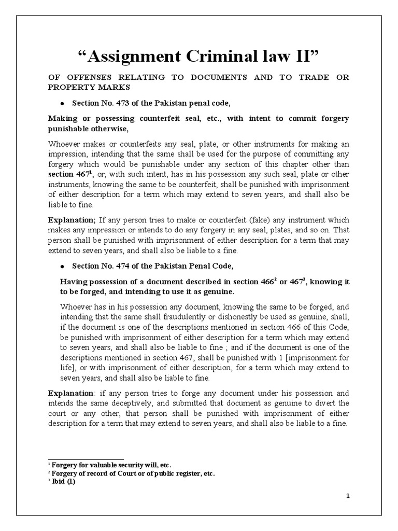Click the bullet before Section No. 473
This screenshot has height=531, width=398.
[62, 104]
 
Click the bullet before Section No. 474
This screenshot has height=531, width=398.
[62, 267]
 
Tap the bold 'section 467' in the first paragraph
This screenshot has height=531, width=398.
[68, 174]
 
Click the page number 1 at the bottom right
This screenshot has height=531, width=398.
[349, 496]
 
